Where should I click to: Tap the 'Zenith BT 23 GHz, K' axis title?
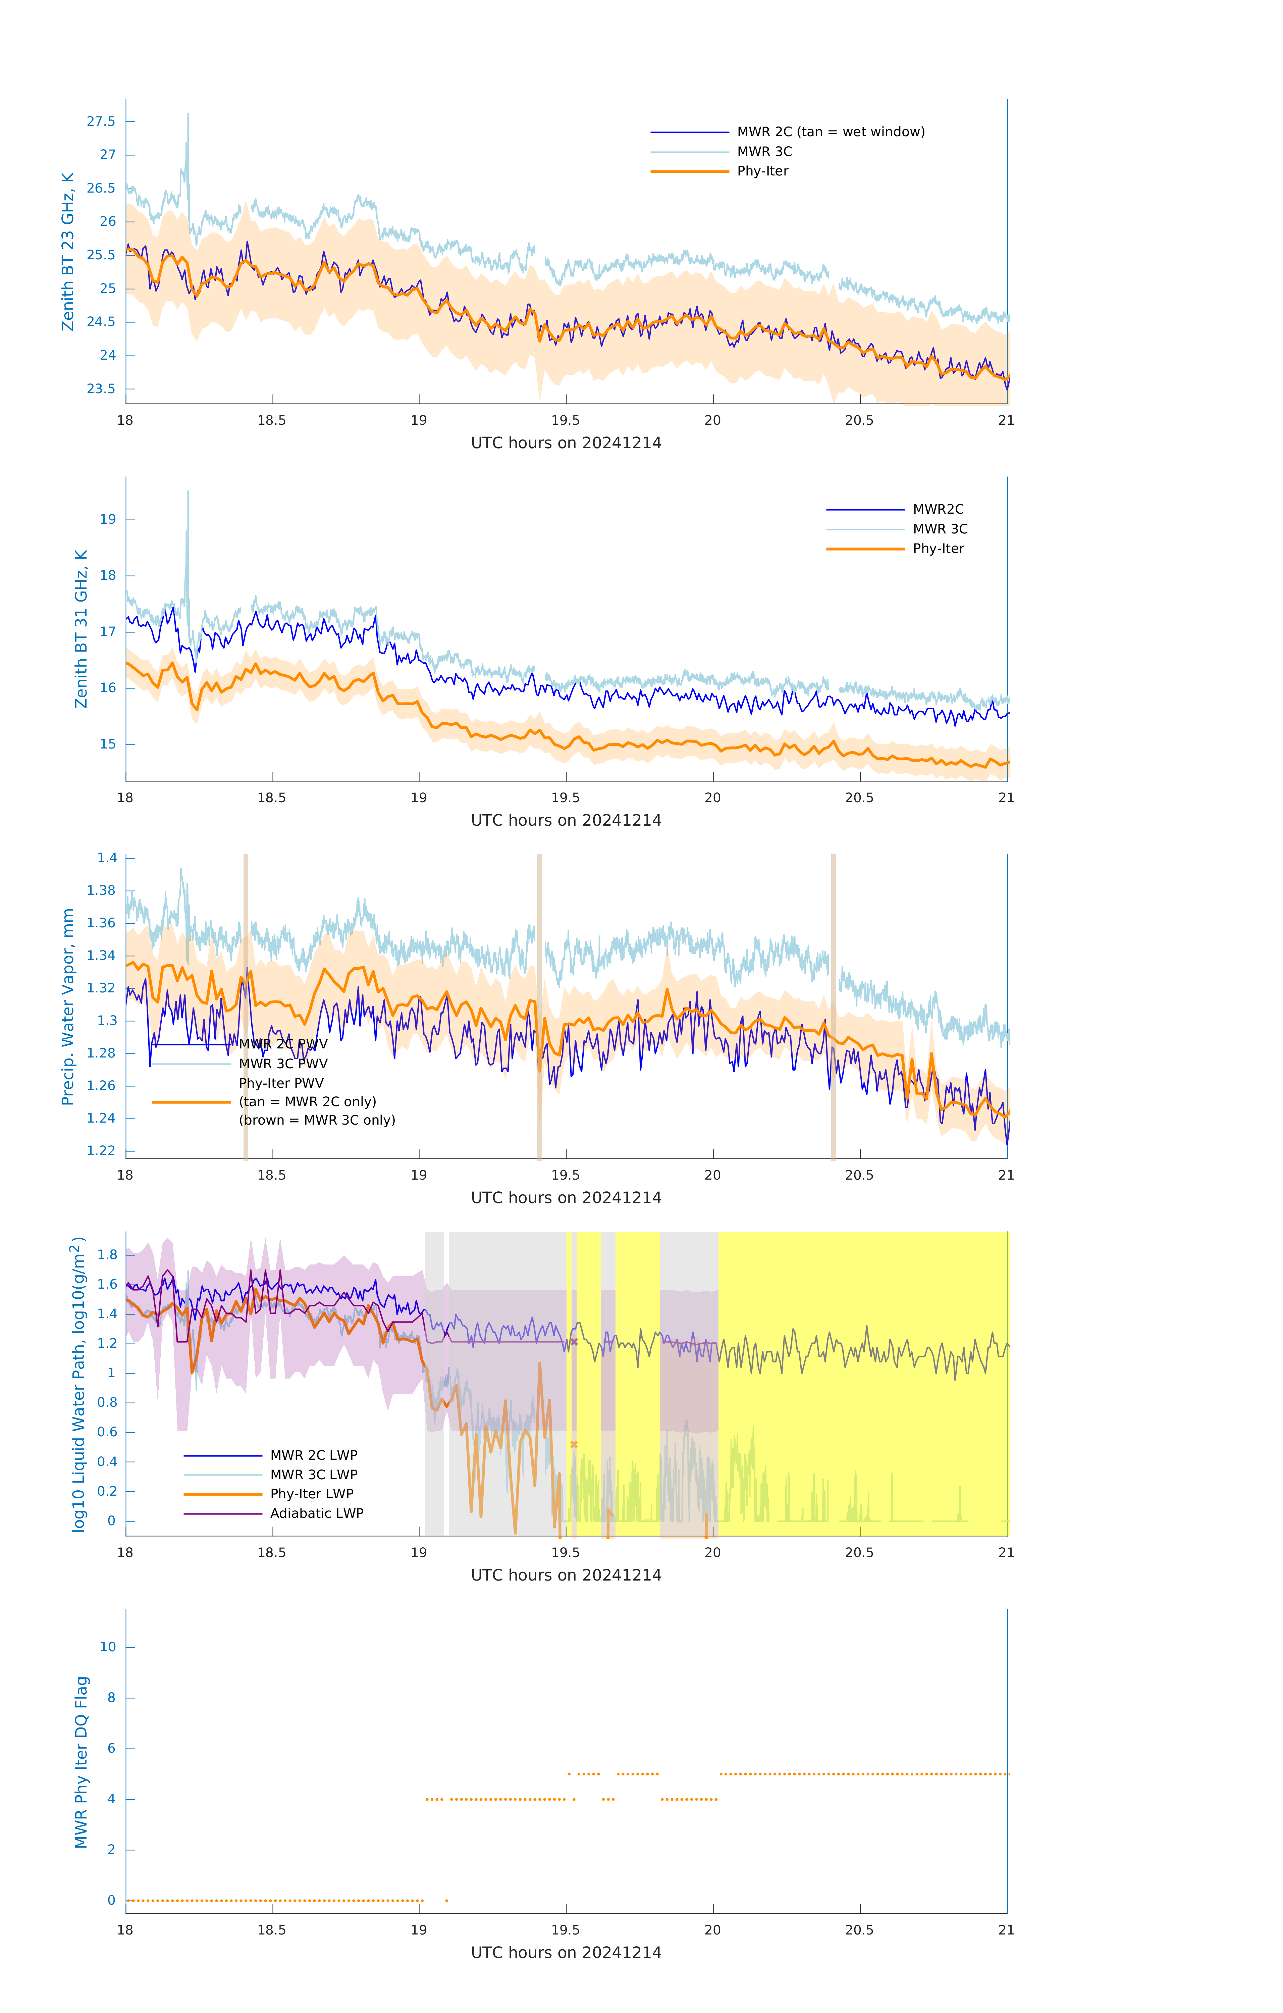(68, 252)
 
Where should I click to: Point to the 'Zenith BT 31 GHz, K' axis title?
(81, 629)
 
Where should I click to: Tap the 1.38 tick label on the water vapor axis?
(101, 890)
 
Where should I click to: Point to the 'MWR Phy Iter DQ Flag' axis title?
(81, 1762)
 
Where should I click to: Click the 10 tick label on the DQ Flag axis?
(108, 1647)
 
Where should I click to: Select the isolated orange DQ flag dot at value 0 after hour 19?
(446, 1900)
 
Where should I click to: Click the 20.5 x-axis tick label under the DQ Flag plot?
(859, 1929)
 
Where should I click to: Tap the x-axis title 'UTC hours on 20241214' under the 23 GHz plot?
(566, 443)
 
